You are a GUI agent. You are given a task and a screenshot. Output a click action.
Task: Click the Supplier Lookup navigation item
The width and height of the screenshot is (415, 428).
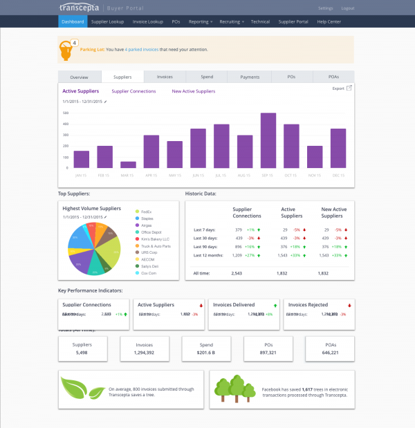(107, 21)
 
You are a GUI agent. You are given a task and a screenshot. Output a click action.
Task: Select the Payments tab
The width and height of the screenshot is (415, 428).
(250, 77)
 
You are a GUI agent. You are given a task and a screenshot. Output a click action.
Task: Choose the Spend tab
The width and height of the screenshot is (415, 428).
(207, 77)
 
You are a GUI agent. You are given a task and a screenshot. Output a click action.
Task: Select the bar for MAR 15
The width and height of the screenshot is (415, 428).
(128, 165)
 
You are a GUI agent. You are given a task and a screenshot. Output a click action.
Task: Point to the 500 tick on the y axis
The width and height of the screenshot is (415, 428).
(66, 112)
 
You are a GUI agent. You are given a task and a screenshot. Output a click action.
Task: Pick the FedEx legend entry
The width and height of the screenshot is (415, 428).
(146, 211)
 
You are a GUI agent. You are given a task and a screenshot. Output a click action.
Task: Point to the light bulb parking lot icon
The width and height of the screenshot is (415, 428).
(66, 50)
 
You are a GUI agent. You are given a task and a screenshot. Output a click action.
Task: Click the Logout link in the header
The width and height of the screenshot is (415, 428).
(348, 8)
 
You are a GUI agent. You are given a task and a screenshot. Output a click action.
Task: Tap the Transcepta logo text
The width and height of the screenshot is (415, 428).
(80, 8)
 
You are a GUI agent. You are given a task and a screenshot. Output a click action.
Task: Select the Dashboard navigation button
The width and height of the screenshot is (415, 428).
(73, 21)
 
